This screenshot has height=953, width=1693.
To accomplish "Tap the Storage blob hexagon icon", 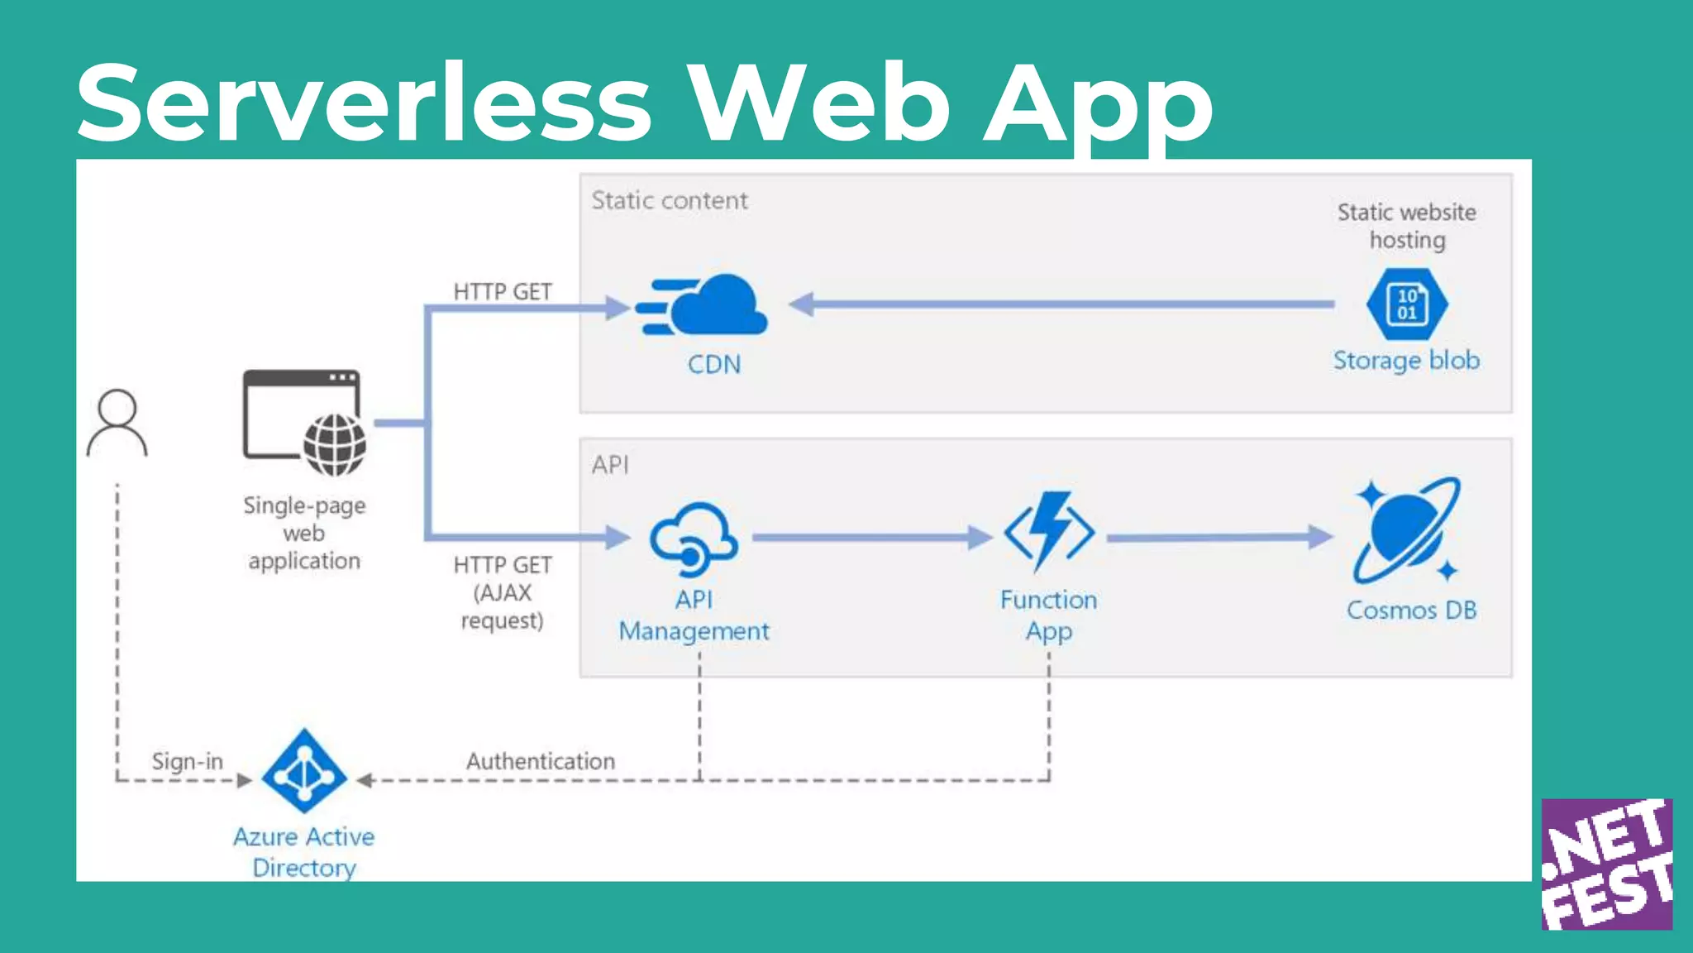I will pyautogui.click(x=1406, y=304).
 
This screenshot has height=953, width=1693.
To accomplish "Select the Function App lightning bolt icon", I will pyautogui.click(x=1049, y=531).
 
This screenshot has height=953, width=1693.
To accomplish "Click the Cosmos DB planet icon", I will pyautogui.click(x=1406, y=530).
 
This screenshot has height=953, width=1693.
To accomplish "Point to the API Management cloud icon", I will pyautogui.click(x=693, y=539).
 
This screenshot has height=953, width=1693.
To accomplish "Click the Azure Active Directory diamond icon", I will pyautogui.click(x=303, y=771).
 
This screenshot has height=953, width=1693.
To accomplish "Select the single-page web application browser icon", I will pyautogui.click(x=304, y=422).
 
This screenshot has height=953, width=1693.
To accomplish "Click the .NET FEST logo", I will pyautogui.click(x=1606, y=864).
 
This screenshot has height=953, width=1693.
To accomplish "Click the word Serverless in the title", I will pyautogui.click(x=364, y=104).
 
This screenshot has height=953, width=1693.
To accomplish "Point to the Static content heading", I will pyautogui.click(x=670, y=201).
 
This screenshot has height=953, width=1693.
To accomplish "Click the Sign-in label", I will pyautogui.click(x=187, y=761).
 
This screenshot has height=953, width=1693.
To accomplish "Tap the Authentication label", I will pyautogui.click(x=541, y=761).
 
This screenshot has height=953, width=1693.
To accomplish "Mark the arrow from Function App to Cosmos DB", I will pyautogui.click(x=1219, y=538).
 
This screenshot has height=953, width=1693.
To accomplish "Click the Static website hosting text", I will pyautogui.click(x=1406, y=226).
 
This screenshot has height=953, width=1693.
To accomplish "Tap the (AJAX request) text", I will pyautogui.click(x=502, y=606).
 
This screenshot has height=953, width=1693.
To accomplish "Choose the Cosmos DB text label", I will pyautogui.click(x=1411, y=611).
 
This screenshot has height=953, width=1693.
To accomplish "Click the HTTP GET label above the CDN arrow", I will pyautogui.click(x=502, y=292).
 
